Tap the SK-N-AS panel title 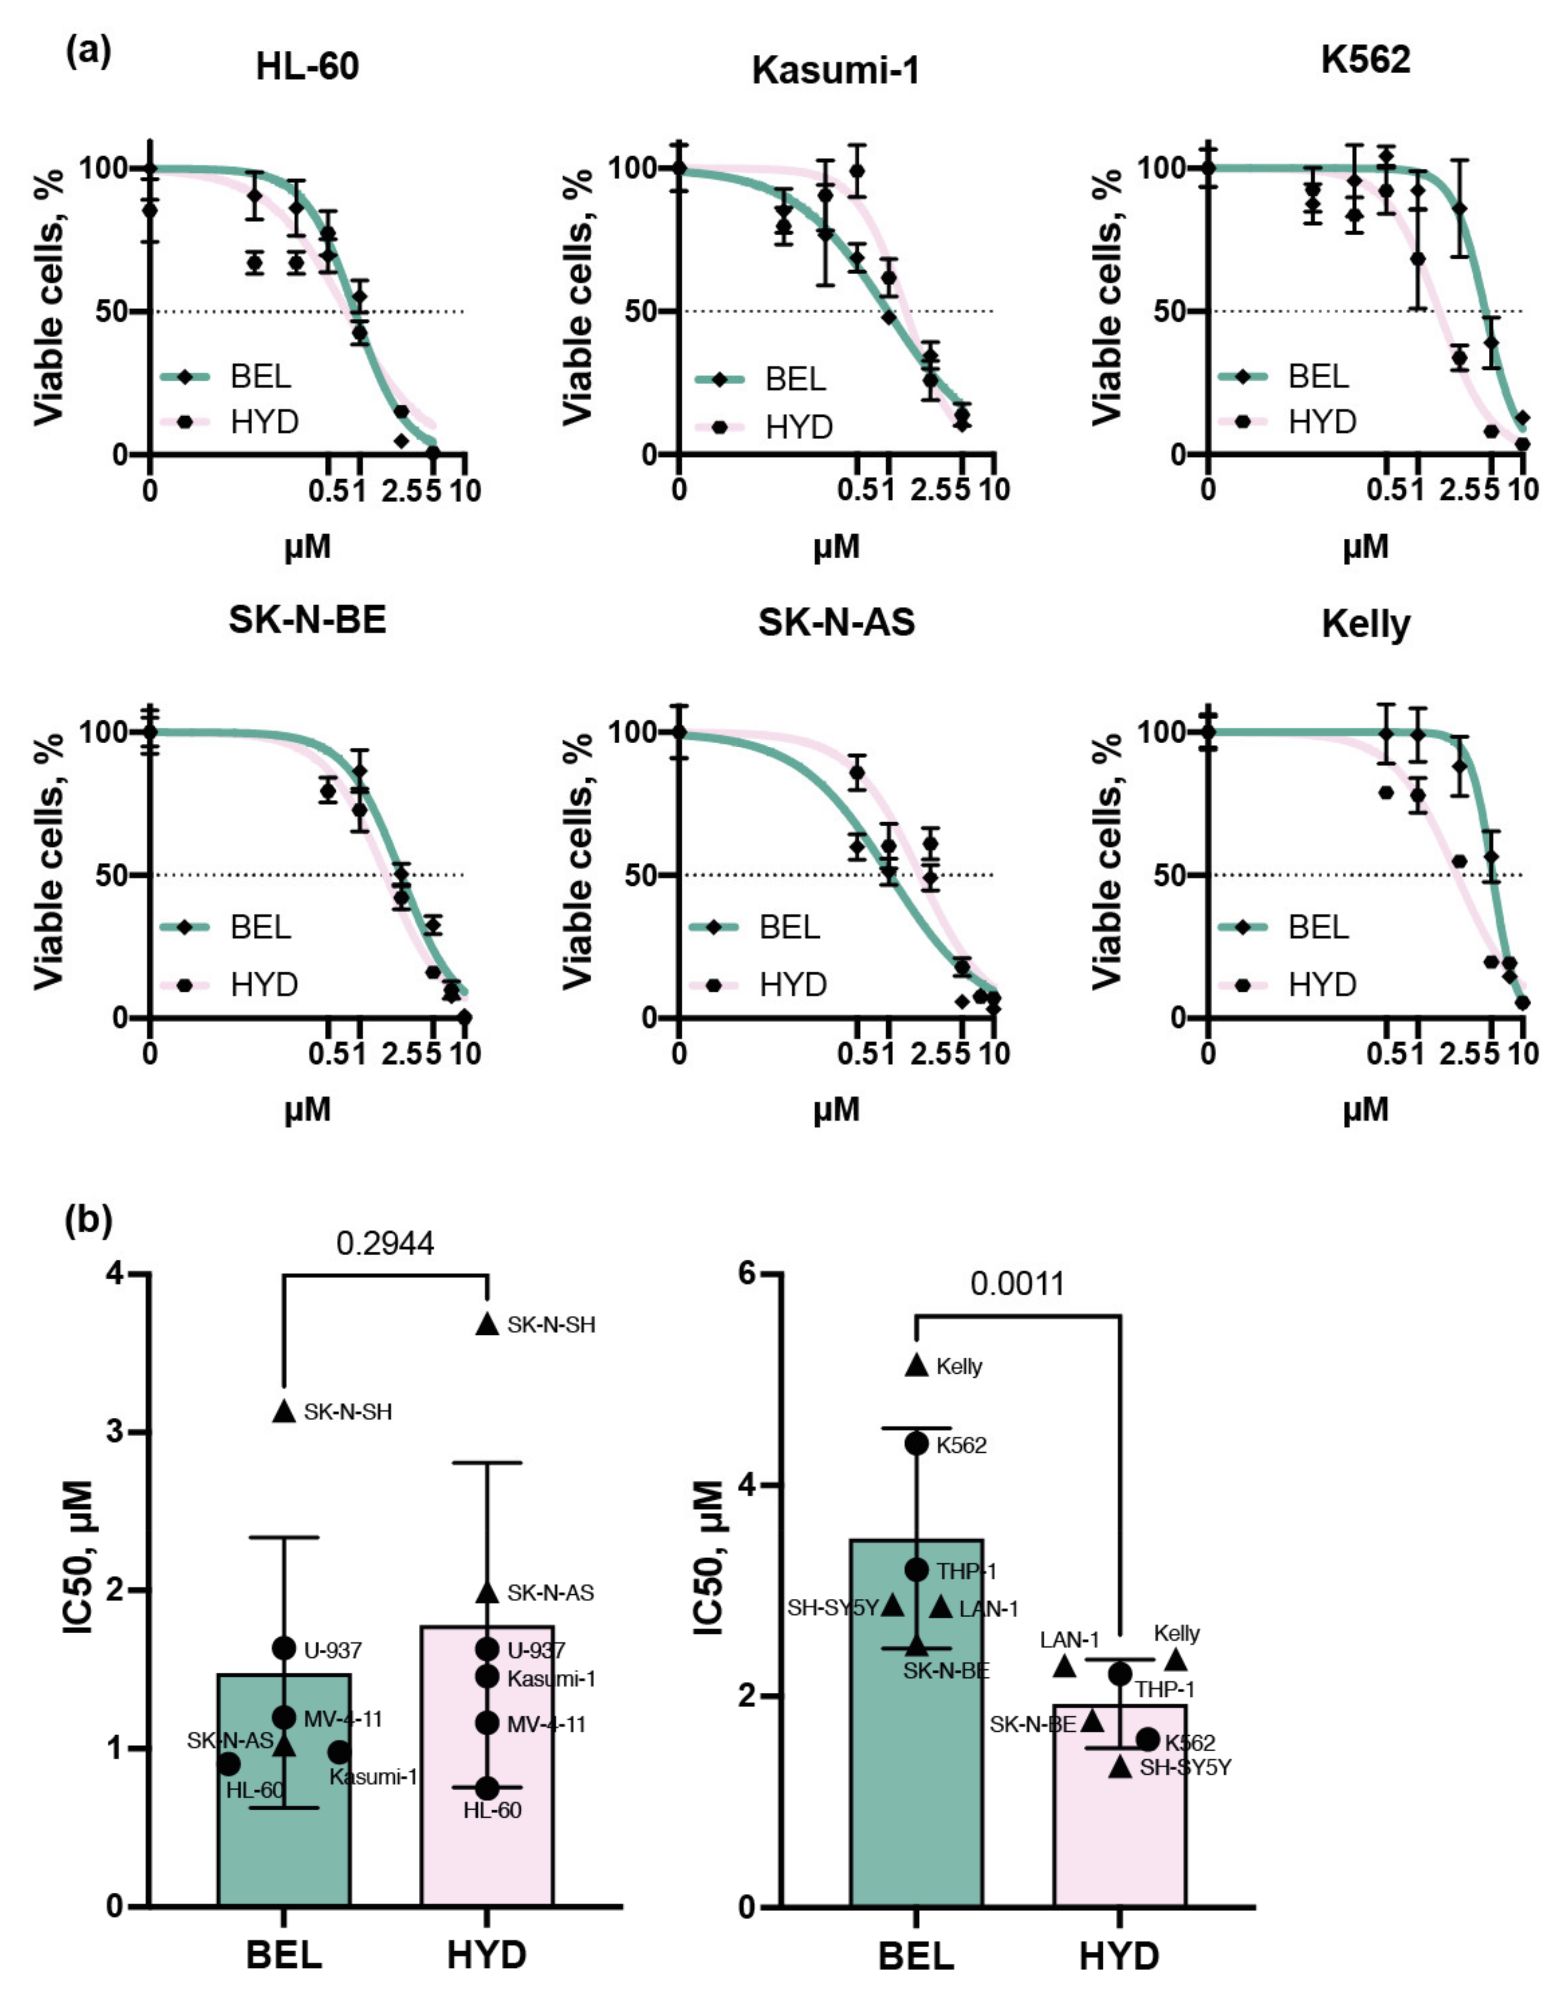pos(836,622)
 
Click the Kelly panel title pos(1365,624)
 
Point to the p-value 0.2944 pos(385,1243)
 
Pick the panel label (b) pos(89,1221)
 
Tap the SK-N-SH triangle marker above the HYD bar pos(487,1324)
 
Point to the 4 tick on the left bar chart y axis pos(116,1274)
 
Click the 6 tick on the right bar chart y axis pos(750,1274)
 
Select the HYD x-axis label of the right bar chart pos(1119,1955)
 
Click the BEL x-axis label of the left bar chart pos(283,1955)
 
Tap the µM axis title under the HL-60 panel pos(307,548)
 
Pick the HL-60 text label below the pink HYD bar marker pos(492,1810)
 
